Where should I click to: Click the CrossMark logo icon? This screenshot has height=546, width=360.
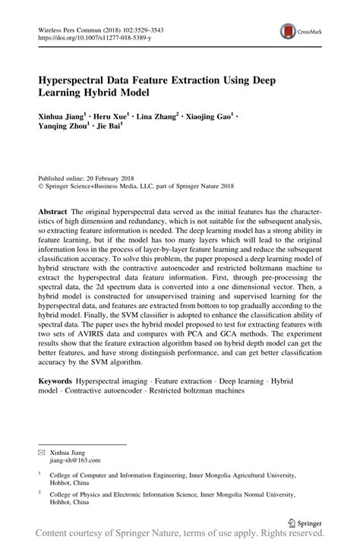288,31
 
